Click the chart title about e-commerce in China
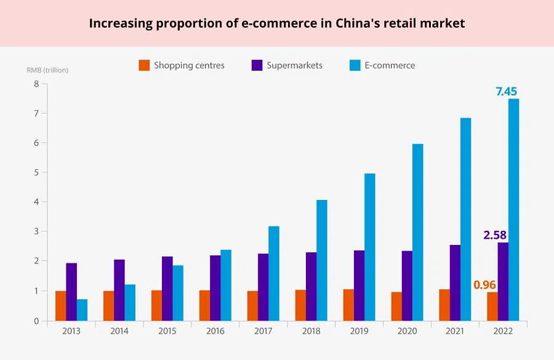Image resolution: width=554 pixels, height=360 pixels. [x=277, y=23]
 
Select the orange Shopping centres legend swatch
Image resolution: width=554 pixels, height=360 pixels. [x=144, y=65]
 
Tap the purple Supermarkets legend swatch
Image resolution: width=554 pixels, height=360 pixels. [x=257, y=65]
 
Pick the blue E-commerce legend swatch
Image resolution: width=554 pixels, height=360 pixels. [x=355, y=65]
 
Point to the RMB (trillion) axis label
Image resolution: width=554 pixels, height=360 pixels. [x=47, y=70]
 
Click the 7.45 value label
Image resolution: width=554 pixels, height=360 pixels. [x=506, y=92]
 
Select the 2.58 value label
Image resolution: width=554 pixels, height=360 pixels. [x=495, y=235]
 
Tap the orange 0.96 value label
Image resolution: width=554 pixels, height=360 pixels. [x=484, y=285]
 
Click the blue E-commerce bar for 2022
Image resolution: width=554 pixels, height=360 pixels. [x=513, y=209]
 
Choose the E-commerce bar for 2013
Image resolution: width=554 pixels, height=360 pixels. [x=82, y=310]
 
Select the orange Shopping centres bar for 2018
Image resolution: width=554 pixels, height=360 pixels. [x=300, y=305]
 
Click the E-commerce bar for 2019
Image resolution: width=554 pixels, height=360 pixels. [x=369, y=247]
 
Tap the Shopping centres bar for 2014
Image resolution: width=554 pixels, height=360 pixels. [x=108, y=305]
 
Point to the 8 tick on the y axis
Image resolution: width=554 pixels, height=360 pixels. [x=36, y=84]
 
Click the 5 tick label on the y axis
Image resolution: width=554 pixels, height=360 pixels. [x=36, y=172]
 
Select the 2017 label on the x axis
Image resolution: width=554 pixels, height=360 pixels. [x=263, y=330]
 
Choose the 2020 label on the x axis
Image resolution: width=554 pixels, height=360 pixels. [x=407, y=330]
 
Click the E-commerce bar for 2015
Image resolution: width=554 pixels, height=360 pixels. [x=178, y=292]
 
